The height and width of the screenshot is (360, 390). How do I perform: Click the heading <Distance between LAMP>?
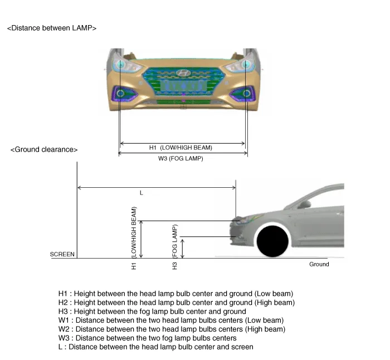click(x=52, y=28)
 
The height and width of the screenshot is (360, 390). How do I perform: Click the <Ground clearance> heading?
click(x=44, y=149)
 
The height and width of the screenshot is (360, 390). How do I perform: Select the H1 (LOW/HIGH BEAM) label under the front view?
click(x=181, y=148)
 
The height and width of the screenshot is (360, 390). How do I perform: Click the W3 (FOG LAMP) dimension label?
click(x=181, y=159)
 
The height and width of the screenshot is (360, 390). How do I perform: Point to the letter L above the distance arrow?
click(x=142, y=193)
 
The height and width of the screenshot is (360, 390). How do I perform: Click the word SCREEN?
click(x=62, y=254)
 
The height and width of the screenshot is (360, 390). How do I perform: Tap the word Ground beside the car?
click(x=319, y=264)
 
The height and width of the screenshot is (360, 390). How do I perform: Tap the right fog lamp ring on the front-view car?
click(x=245, y=93)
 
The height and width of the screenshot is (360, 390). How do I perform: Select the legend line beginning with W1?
click(x=171, y=320)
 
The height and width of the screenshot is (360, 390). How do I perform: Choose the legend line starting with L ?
click(x=155, y=347)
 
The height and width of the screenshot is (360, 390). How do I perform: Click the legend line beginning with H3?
click(x=152, y=312)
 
